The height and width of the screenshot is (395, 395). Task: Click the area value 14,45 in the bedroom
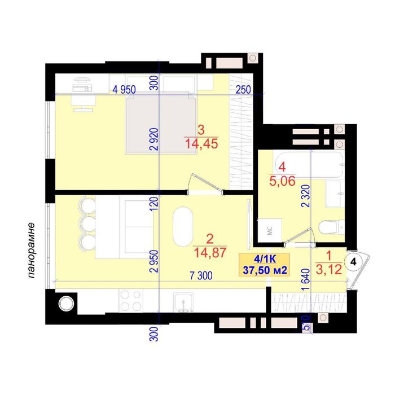pyautogui.click(x=201, y=144)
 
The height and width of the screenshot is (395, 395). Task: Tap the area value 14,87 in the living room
pyautogui.click(x=210, y=253)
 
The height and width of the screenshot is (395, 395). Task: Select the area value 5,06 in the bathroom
pyautogui.click(x=282, y=181)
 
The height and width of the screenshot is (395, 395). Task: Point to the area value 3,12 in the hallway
pyautogui.click(x=329, y=270)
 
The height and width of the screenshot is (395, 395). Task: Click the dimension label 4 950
pyautogui.click(x=124, y=90)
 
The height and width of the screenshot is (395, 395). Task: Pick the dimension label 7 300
pyautogui.click(x=201, y=276)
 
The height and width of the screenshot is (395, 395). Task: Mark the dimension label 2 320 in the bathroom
pyautogui.click(x=306, y=196)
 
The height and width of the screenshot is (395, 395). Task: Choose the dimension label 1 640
pyautogui.click(x=305, y=280)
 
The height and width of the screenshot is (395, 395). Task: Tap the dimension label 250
pyautogui.click(x=243, y=90)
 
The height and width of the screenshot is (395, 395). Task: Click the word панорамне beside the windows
pyautogui.click(x=31, y=251)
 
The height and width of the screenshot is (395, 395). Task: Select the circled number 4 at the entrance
pyautogui.click(x=353, y=262)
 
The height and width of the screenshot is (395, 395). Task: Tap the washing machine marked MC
pyautogui.click(x=270, y=231)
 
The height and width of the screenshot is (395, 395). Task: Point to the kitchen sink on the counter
pyautogui.click(x=183, y=302)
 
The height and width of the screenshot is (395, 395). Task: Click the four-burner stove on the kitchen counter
pyautogui.click(x=131, y=301)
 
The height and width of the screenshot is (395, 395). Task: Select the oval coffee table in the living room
pyautogui.click(x=183, y=227)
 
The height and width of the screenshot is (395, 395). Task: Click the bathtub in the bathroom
pyautogui.click(x=309, y=165)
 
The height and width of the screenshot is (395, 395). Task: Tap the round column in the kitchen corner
pyautogui.click(x=66, y=304)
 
